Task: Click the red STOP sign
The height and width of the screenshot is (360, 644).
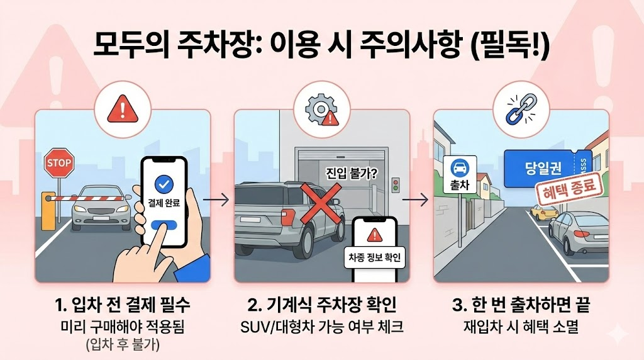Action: point(58,163)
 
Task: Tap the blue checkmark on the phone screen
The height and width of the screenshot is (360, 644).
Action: point(164,184)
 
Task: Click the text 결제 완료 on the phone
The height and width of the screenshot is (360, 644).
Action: point(164,203)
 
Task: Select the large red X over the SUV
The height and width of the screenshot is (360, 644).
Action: point(321,204)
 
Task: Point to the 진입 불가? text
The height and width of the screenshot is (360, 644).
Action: point(352,173)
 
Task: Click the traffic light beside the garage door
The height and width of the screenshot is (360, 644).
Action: point(396,185)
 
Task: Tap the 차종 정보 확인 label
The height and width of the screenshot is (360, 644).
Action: point(374,257)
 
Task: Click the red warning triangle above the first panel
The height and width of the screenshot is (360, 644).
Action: point(123,110)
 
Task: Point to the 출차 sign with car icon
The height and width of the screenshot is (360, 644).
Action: point(460,174)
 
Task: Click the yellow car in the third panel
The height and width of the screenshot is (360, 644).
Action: point(543,213)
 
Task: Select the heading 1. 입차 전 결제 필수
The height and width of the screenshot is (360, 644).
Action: point(123,305)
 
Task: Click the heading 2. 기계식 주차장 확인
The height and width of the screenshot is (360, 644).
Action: point(322,305)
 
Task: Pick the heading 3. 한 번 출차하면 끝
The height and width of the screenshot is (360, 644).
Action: point(521,305)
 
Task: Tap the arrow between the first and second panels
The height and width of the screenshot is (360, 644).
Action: point(216,200)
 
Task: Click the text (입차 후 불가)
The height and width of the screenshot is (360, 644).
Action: point(123,344)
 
